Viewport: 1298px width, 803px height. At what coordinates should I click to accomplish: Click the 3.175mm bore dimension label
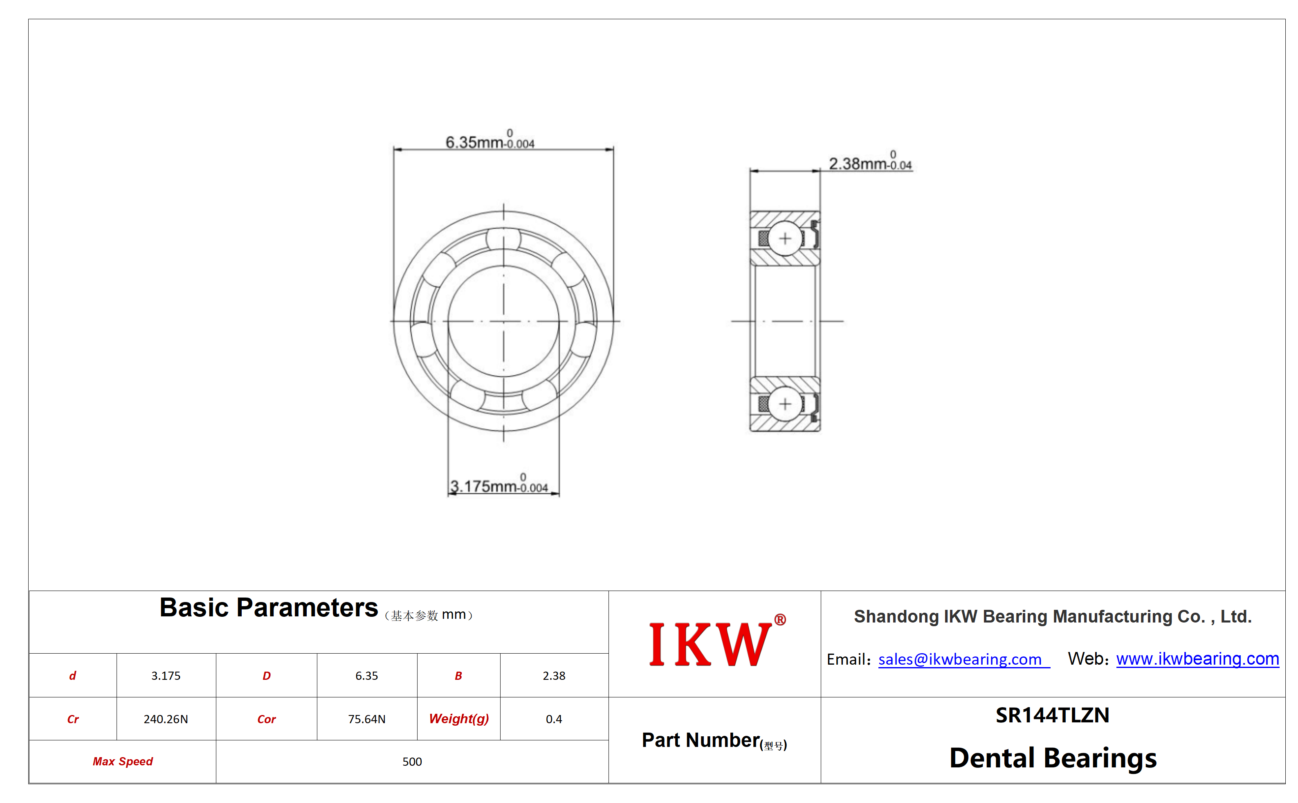(x=499, y=484)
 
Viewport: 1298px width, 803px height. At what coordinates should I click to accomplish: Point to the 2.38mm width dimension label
(x=870, y=161)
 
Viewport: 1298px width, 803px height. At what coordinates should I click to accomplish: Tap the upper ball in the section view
(x=785, y=239)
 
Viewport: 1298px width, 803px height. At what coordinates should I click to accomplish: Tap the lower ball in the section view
(x=785, y=404)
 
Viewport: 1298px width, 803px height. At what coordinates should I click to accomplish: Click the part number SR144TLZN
(x=1052, y=715)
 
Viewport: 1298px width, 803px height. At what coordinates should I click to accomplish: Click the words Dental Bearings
(x=1053, y=758)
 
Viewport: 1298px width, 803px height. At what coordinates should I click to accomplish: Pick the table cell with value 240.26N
(x=166, y=719)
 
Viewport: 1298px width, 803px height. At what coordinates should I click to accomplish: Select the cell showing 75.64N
(x=367, y=719)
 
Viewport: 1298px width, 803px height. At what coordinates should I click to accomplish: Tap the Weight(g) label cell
(x=458, y=719)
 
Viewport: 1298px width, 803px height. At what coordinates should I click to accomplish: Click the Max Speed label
(x=123, y=762)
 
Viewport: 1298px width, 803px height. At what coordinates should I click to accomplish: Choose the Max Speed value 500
(x=412, y=762)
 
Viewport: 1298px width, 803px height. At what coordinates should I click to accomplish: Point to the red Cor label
(x=266, y=719)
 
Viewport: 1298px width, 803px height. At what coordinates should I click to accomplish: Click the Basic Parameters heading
(x=269, y=607)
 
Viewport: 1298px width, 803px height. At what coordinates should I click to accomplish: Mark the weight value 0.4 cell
(x=554, y=719)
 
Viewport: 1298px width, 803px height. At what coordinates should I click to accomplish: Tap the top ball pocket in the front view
(x=503, y=239)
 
